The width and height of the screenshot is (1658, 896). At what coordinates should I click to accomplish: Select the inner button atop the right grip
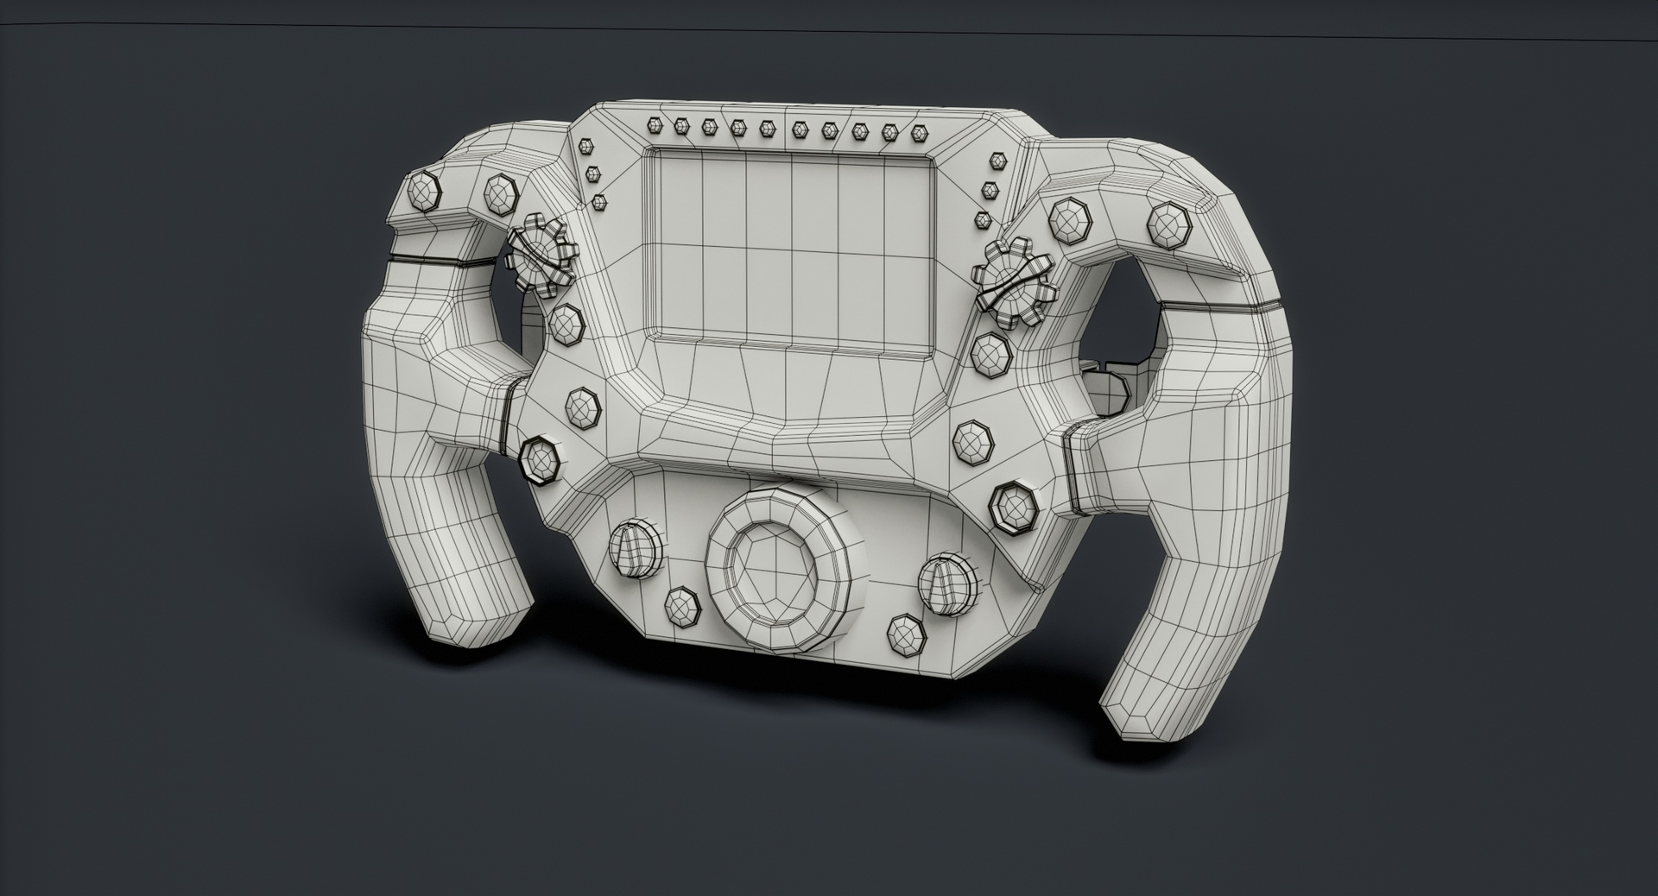(1068, 220)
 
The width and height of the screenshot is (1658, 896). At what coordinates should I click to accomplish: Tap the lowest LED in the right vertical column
(982, 220)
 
